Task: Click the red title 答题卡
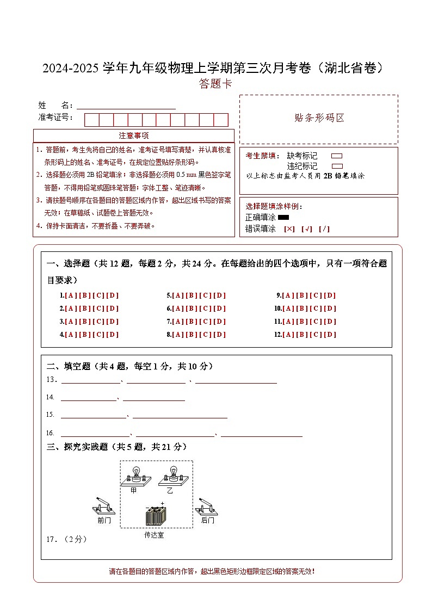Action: (215, 84)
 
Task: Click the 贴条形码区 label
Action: (319, 118)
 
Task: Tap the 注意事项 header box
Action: (134, 135)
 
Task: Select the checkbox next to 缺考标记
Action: (337, 156)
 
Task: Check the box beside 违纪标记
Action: (337, 166)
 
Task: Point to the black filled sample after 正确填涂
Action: (283, 218)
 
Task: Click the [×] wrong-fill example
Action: (289, 229)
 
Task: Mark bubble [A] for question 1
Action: (70, 295)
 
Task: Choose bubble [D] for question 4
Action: (112, 335)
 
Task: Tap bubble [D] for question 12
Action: (330, 335)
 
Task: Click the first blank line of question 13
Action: (90, 382)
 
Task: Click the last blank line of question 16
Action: (261, 435)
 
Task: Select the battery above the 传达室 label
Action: (157, 514)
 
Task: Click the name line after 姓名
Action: (126, 108)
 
